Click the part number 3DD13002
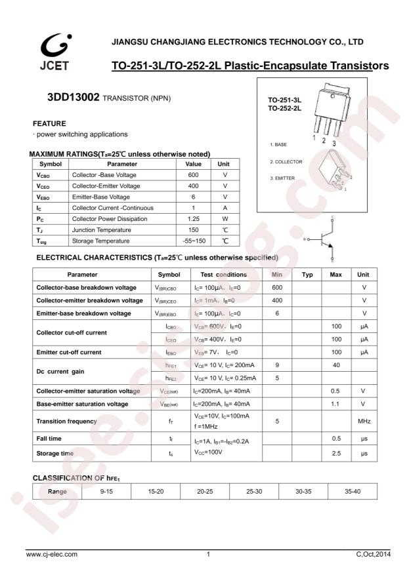73,97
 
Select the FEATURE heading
49,123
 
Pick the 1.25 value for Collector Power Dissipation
193,219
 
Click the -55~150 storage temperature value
193,241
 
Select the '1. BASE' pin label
278,144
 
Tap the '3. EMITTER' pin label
282,178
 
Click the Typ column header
307,275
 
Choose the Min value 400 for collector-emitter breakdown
277,300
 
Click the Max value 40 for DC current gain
335,365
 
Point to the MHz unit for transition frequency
364,421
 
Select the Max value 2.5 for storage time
335,453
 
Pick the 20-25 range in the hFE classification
205,490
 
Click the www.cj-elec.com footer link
52,555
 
